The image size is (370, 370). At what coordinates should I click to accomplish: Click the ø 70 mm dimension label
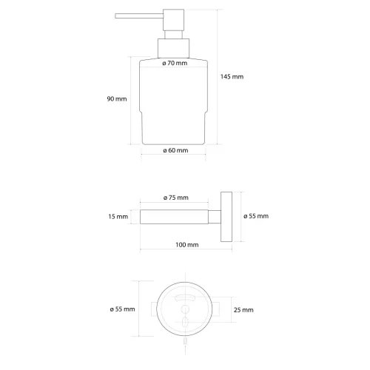point(175,64)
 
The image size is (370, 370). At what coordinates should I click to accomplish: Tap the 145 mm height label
point(232,77)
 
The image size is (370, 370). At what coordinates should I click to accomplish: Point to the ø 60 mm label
point(175,150)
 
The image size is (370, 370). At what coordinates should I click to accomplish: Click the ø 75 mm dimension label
point(175,198)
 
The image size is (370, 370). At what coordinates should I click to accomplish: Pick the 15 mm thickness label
point(118,216)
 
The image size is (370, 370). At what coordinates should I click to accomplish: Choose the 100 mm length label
point(187,244)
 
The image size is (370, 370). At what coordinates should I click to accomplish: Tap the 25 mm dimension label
point(243,309)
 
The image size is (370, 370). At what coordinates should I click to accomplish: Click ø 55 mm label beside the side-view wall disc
point(256,216)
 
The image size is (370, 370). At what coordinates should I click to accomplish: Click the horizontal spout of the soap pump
point(136,16)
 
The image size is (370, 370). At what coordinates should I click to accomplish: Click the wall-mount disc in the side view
point(229,216)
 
